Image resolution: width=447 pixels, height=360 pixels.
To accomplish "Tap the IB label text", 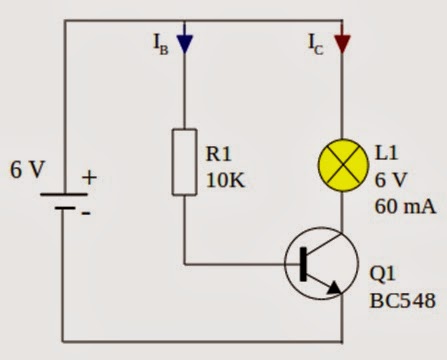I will [160, 44].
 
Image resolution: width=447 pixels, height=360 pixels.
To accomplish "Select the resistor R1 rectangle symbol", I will [185, 161].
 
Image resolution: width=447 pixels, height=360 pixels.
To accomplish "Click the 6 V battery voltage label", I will [27, 170].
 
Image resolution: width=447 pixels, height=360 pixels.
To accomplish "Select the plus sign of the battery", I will [89, 178].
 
